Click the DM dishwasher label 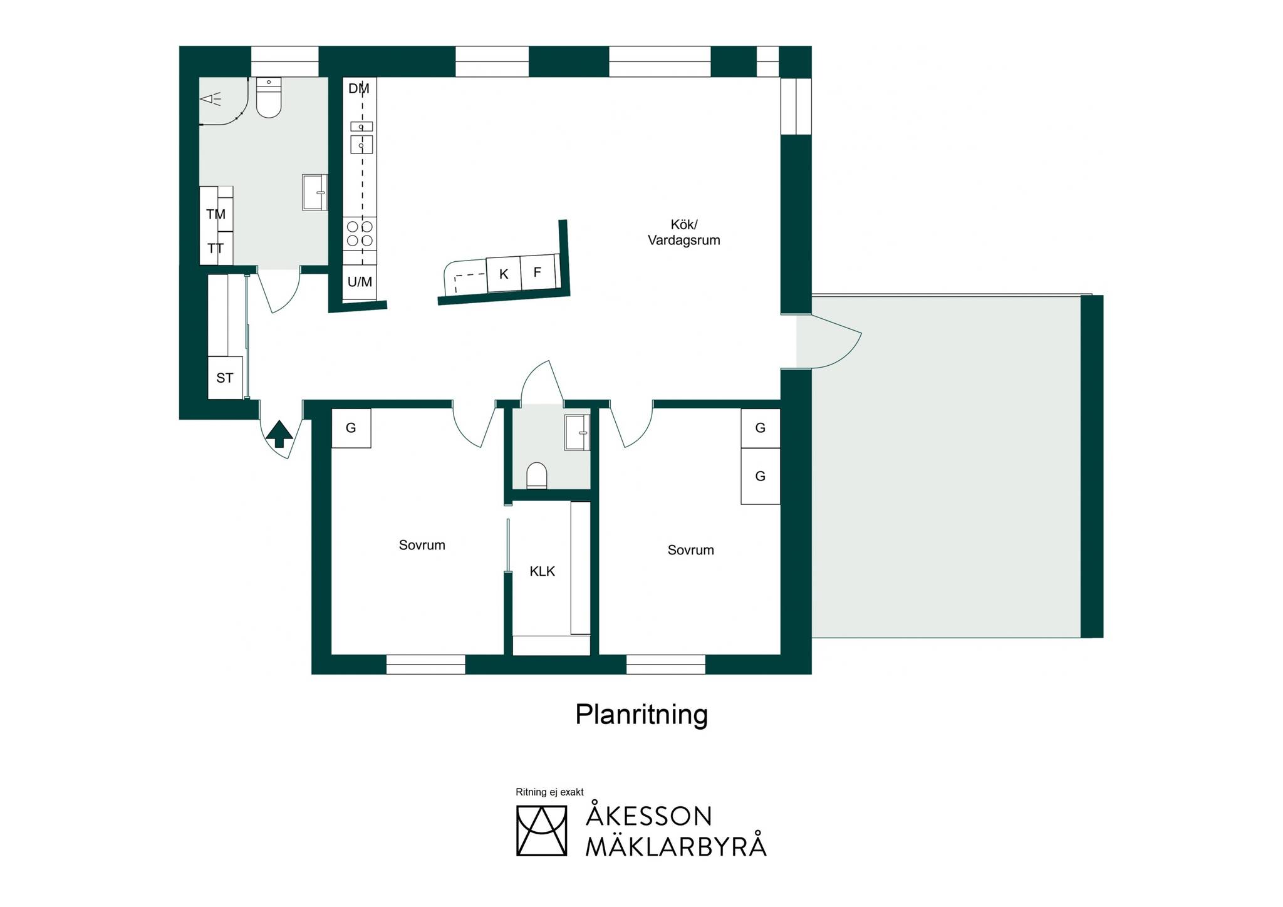point(359,89)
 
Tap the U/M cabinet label point(360,282)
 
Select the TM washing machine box point(216,209)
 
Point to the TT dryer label point(216,249)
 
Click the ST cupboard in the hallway point(225,378)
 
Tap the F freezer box point(538,272)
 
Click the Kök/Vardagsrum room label point(684,232)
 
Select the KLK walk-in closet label point(543,571)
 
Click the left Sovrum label point(422,545)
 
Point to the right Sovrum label point(691,550)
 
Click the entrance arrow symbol point(279,434)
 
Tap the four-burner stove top point(360,234)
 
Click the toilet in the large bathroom point(269,98)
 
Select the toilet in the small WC point(537,475)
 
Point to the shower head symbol point(210,99)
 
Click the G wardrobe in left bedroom point(351,428)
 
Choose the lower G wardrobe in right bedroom point(761,476)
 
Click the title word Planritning point(641,715)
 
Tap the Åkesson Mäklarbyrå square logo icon point(541,831)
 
